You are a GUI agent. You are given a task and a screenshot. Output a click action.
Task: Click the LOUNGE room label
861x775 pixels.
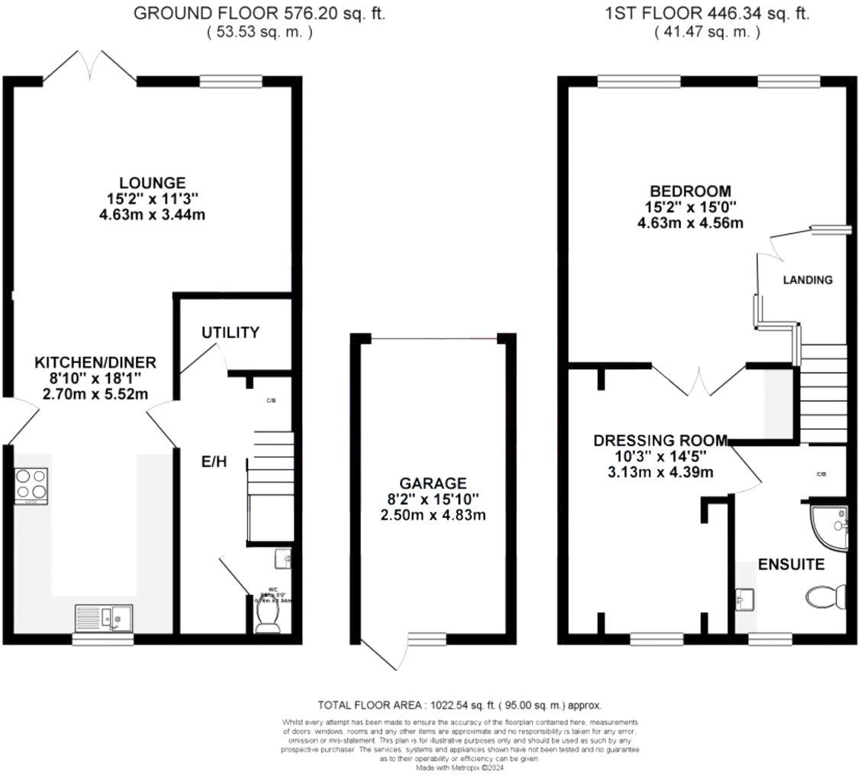coord(152,183)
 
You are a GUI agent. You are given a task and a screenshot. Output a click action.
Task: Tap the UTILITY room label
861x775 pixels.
coord(231,333)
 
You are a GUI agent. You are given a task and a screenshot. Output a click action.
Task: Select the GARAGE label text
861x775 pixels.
coord(433,483)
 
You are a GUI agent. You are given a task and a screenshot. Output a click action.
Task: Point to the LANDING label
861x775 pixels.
coord(808,280)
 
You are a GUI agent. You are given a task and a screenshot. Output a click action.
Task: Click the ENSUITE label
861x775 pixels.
coord(791,565)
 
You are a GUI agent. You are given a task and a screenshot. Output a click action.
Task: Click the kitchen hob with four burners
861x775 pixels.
coord(31,485)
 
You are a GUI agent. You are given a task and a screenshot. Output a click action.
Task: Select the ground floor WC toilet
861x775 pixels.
coord(267,617)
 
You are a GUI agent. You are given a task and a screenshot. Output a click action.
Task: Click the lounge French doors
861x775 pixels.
coord(90,66)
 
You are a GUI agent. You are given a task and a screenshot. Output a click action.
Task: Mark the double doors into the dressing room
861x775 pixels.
coord(698,381)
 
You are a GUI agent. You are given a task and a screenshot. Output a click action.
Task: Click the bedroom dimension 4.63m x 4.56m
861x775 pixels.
coord(690,223)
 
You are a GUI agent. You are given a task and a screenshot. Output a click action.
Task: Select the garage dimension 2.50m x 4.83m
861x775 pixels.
coord(433,515)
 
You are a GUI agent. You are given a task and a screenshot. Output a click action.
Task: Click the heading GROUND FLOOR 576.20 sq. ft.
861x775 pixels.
coord(260,13)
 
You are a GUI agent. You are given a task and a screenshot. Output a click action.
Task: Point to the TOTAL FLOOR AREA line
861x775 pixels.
coord(464,706)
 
